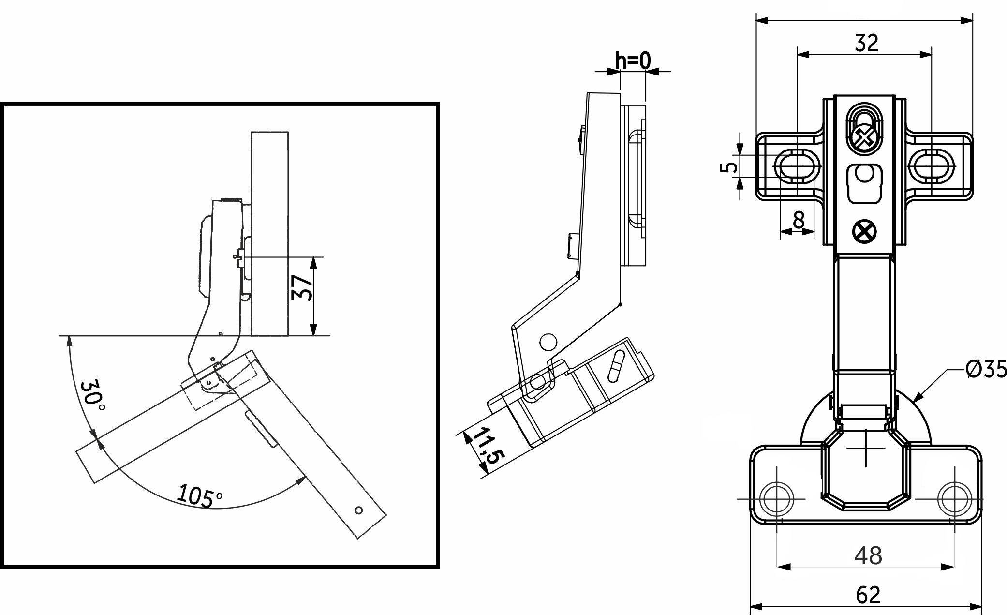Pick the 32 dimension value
866,43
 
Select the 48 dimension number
868,556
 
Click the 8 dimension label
799,219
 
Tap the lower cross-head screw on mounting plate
864,231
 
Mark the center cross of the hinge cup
866,448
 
